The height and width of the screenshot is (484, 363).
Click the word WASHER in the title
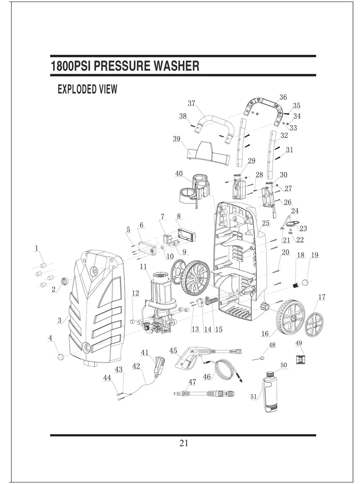176,66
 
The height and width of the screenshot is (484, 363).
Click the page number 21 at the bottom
184,443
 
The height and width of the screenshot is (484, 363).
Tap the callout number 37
191,103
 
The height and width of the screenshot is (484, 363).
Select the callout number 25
266,223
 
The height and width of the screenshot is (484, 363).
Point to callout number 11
143,266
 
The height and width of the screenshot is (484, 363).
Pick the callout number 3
59,320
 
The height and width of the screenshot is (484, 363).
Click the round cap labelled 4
61,356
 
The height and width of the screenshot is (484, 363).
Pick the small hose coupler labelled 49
300,360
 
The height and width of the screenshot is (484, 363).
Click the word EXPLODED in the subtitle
77,89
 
